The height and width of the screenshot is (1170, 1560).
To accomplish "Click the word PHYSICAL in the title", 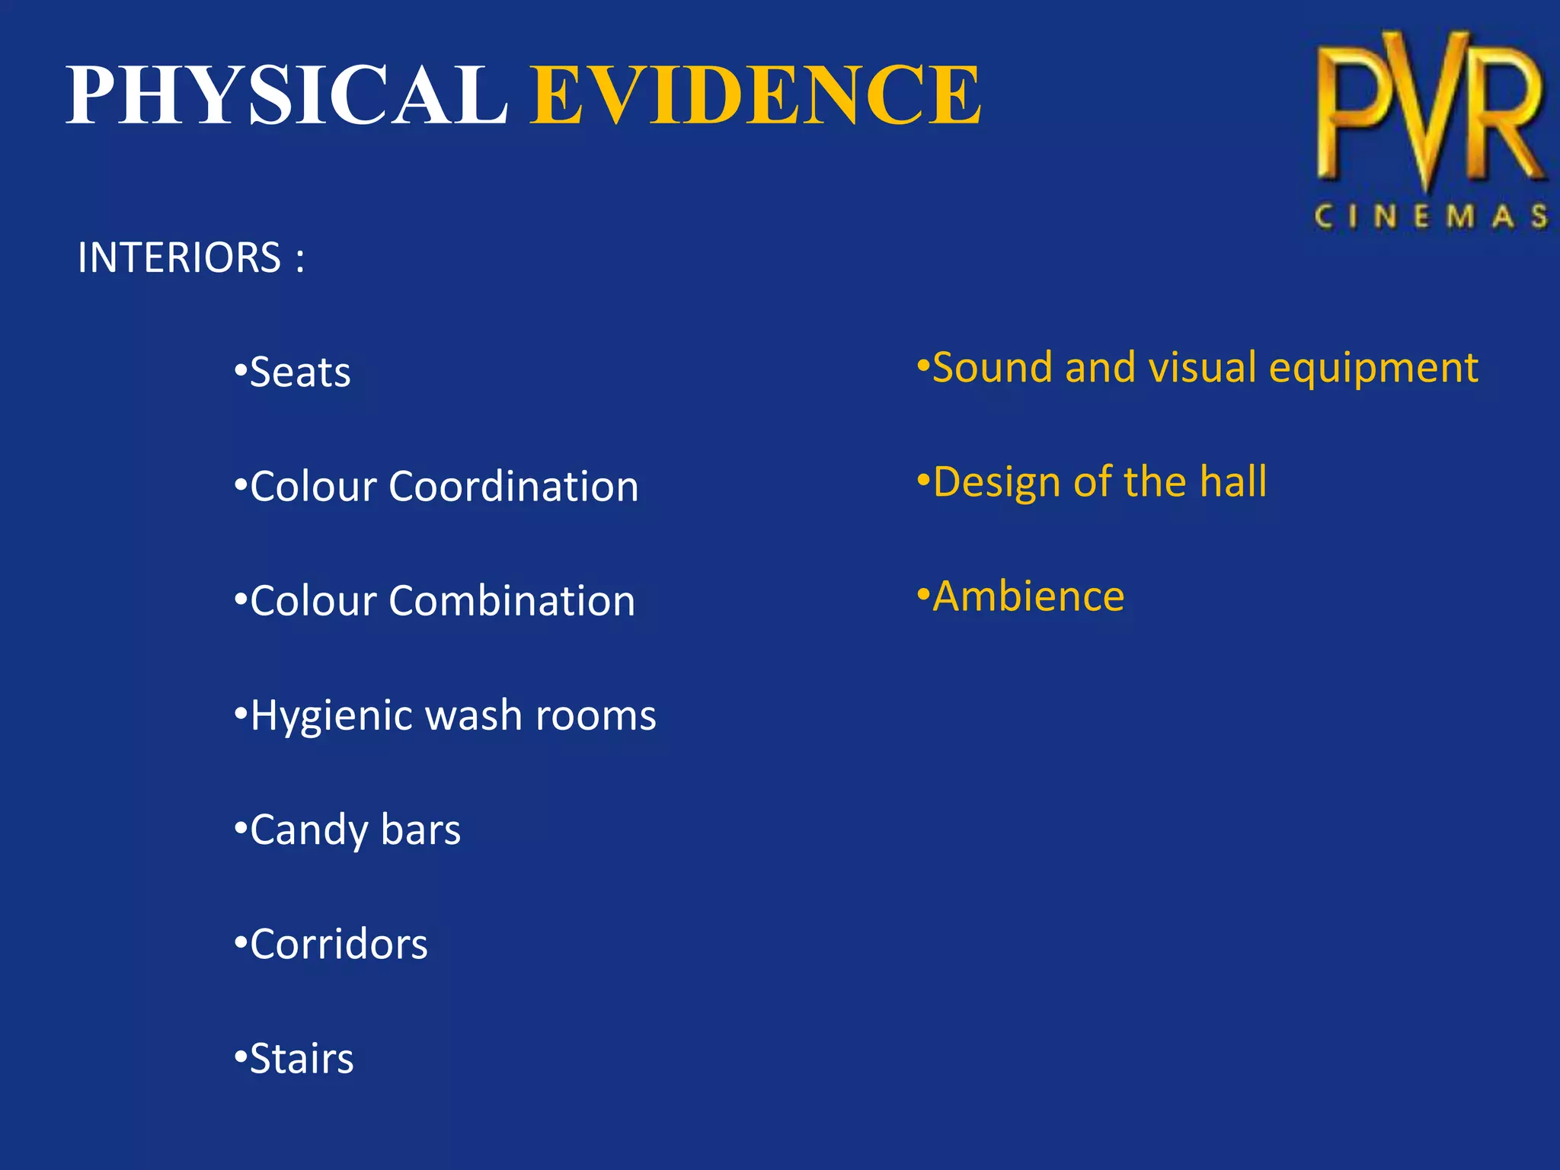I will tap(287, 95).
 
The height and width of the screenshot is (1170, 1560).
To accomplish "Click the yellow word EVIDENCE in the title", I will tap(755, 95).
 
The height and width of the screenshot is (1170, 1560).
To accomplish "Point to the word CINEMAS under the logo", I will tap(1431, 217).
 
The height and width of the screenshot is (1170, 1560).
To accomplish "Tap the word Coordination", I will tap(513, 487).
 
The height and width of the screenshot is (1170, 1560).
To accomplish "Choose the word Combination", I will tap(512, 601).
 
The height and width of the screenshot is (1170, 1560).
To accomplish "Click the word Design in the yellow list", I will tap(997, 483).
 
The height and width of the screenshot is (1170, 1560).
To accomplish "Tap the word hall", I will tap(1233, 481).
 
